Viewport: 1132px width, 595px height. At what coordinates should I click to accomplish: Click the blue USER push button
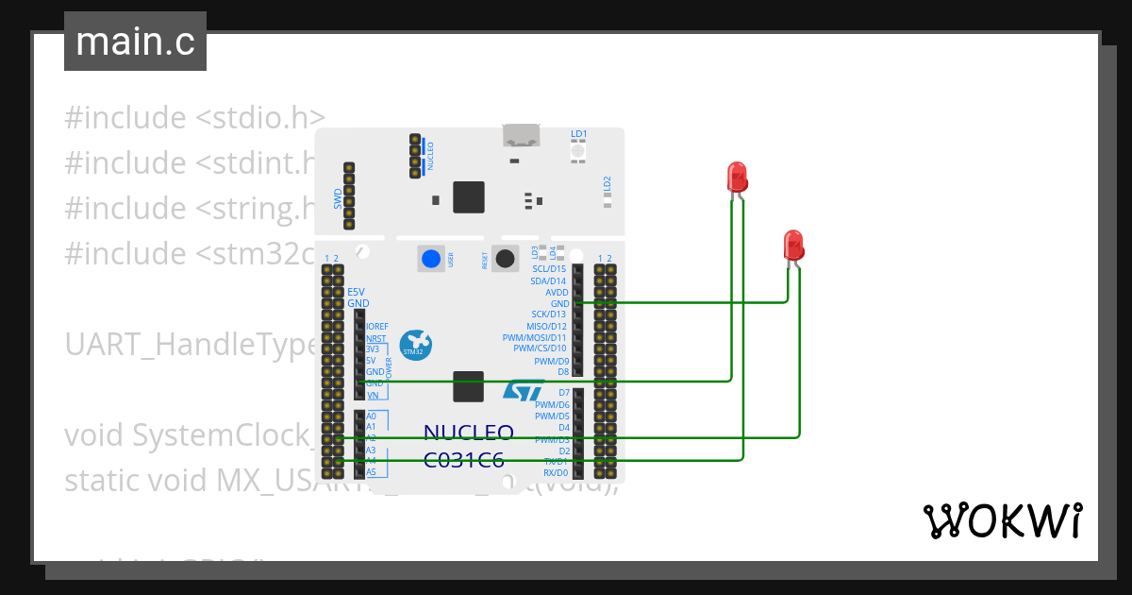point(431,259)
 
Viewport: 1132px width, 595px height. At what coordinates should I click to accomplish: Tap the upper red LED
point(737,177)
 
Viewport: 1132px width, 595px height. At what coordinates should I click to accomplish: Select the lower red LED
point(793,245)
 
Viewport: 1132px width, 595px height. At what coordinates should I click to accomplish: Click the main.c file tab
point(135,42)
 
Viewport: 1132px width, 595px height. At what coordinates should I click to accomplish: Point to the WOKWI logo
point(1001,520)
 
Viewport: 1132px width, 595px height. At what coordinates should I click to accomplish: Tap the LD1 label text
point(579,134)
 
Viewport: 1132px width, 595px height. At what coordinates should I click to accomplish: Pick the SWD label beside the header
point(338,198)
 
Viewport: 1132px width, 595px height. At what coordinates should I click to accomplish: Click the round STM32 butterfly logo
point(414,345)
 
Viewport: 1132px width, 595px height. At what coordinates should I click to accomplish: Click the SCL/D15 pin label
point(549,269)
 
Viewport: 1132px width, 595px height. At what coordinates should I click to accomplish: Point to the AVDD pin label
point(557,292)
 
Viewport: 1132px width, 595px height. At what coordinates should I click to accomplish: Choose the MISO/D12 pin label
point(547,326)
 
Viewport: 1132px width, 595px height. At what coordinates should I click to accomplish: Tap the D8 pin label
point(562,371)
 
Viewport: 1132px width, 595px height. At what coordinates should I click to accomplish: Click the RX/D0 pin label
point(556,472)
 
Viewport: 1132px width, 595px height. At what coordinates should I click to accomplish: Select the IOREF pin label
point(376,327)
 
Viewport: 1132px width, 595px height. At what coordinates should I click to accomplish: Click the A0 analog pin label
point(372,416)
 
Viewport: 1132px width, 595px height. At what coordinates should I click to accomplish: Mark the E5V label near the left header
point(356,292)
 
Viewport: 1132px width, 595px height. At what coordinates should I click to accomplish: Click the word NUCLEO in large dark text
point(468,433)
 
